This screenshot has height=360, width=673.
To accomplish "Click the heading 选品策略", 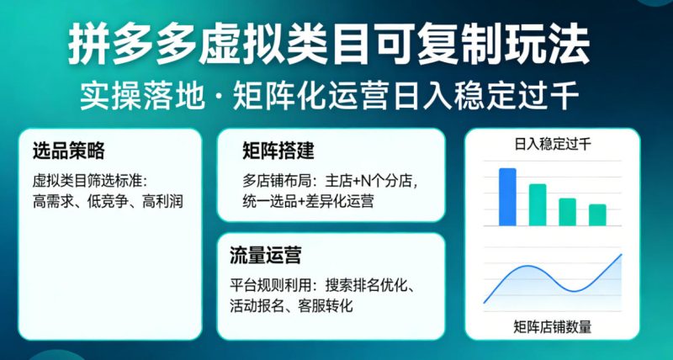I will (68, 152).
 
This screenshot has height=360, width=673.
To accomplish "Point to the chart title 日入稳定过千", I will (552, 145).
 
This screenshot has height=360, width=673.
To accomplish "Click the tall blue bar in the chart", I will (507, 197).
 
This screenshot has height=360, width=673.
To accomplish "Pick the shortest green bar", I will (597, 214).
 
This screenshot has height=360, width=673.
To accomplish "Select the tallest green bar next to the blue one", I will (538, 204).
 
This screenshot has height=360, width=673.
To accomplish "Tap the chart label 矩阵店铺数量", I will (552, 327).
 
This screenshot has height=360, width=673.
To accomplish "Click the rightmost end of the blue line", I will (621, 255).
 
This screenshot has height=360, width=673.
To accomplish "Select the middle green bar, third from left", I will (568, 211).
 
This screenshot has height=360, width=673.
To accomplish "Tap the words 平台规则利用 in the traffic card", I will (269, 283).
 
